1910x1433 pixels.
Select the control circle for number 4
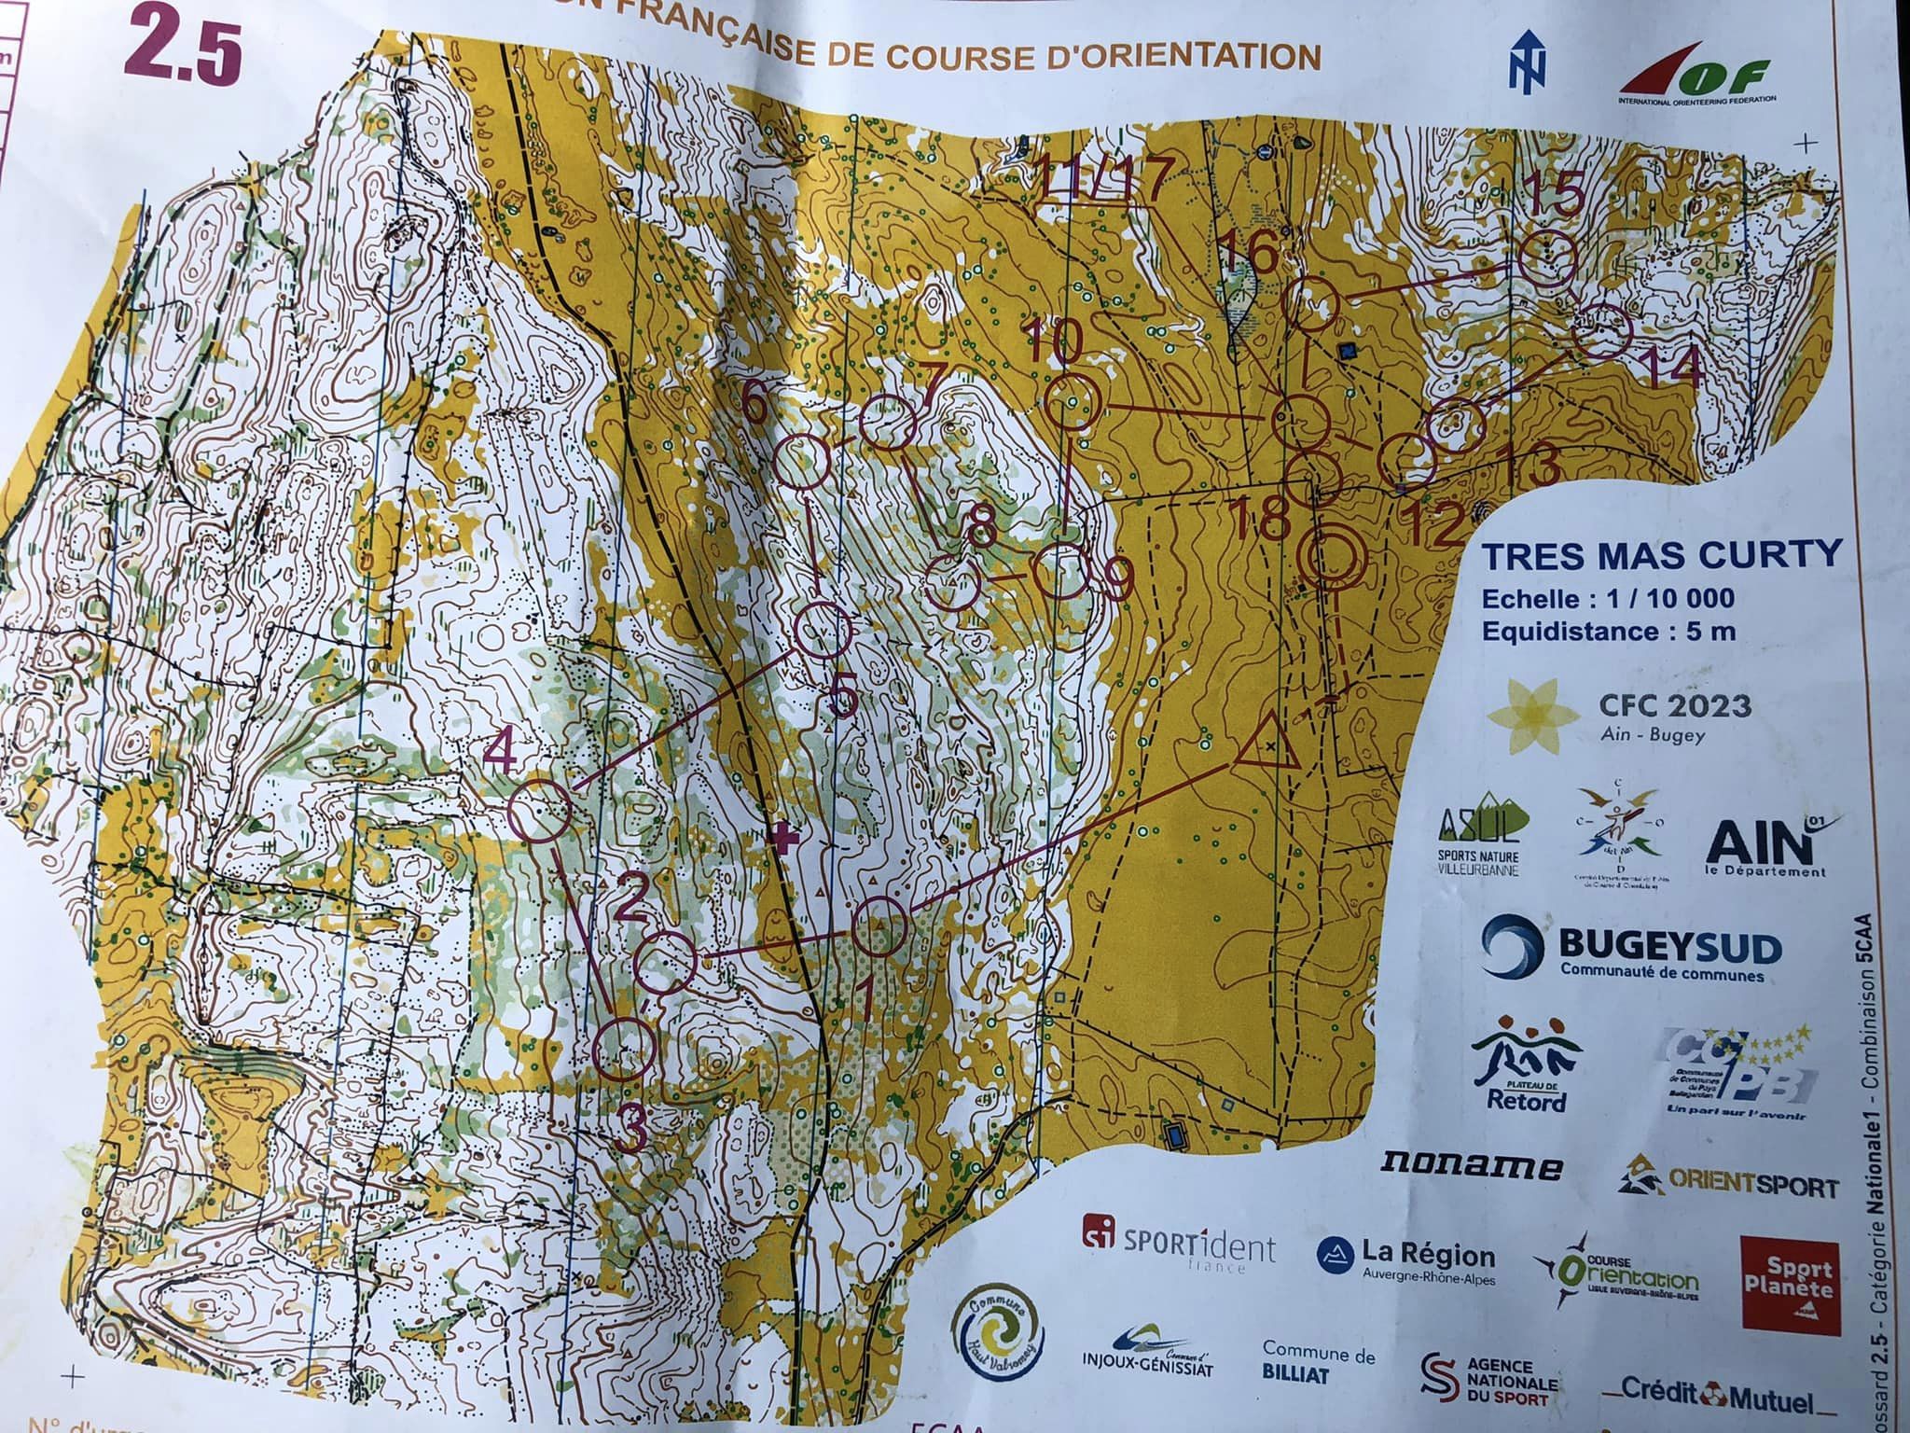pyautogui.click(x=541, y=811)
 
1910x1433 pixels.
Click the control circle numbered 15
pyautogui.click(x=1546, y=257)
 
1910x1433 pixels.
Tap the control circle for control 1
pyautogui.click(x=879, y=927)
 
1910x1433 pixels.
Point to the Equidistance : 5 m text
pyautogui.click(x=1608, y=631)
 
